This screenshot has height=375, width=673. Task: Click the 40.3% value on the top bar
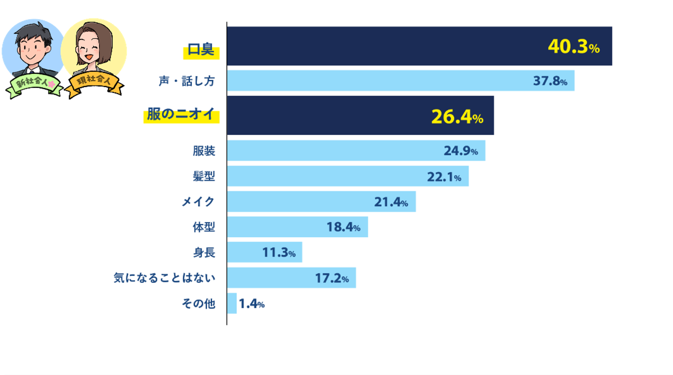(573, 47)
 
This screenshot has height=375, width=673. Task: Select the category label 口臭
(201, 50)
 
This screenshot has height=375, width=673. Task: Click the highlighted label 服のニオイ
(181, 115)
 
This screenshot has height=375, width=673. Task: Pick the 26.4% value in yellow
(457, 117)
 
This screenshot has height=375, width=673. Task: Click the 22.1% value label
(444, 177)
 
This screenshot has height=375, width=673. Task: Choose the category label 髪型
(204, 176)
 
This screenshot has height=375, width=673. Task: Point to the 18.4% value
(343, 227)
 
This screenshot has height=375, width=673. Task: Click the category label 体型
(204, 227)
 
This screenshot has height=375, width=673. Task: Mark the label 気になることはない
(164, 278)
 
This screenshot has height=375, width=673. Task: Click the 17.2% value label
(332, 278)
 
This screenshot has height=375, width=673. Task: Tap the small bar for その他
(232, 303)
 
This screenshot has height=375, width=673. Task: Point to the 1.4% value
(251, 304)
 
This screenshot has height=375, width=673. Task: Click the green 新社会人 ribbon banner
(34, 83)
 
